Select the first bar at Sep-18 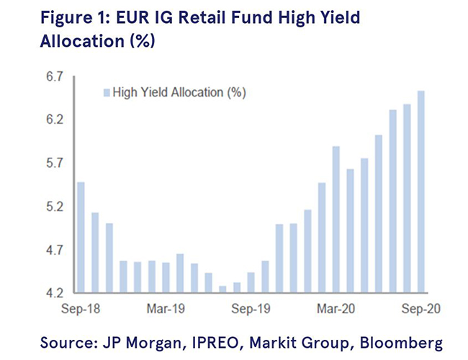[x=81, y=238]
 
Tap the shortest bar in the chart [x=222, y=289]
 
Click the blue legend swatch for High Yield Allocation [x=107, y=92]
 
